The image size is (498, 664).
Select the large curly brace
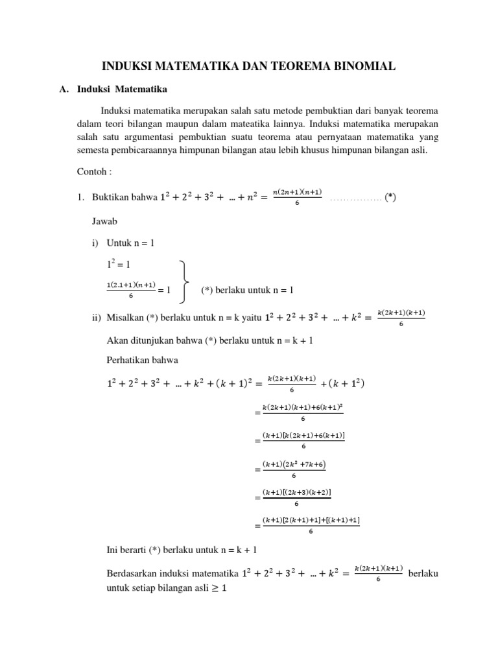[184, 281]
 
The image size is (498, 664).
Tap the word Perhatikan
[129, 358]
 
